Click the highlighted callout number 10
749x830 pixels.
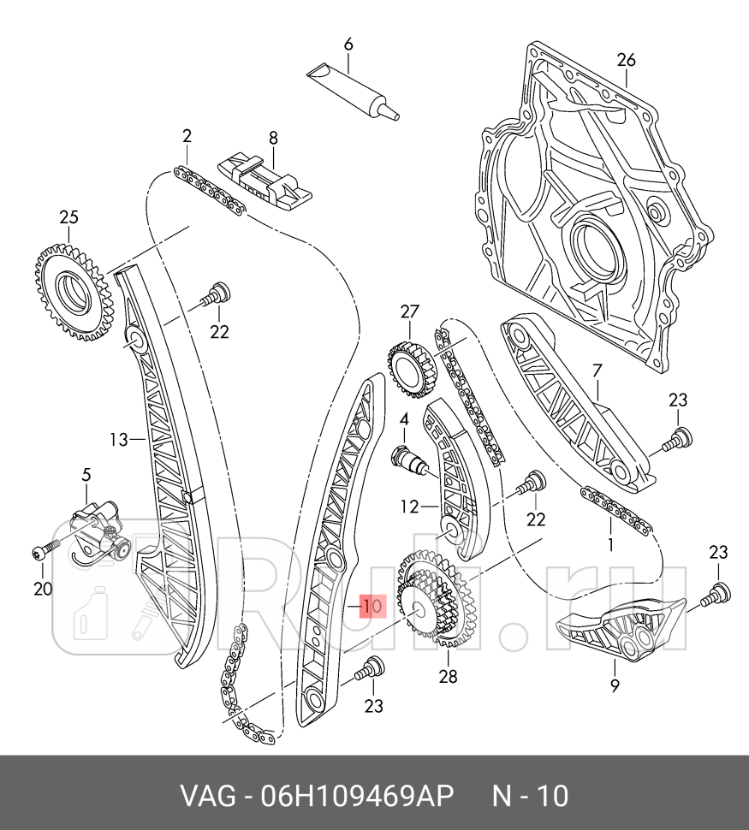[372, 607]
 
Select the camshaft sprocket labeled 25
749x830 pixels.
[73, 290]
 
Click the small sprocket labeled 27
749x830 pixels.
[411, 369]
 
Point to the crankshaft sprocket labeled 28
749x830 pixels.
[432, 608]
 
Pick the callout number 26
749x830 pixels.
[627, 60]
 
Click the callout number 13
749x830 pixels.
[118, 440]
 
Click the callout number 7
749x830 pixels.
[597, 371]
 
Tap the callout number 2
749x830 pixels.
[187, 135]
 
